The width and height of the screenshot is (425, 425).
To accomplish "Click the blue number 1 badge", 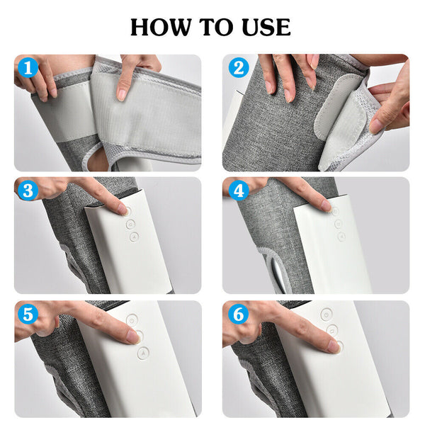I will tap(29, 69).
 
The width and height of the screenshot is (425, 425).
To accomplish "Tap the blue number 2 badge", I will tap(238, 69).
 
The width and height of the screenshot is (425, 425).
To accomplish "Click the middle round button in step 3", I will tap(130, 224).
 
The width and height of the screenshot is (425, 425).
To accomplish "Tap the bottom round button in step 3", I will tap(133, 237).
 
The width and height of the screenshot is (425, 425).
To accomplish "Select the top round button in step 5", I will tap(131, 320).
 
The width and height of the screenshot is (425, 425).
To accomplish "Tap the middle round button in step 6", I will tap(332, 330).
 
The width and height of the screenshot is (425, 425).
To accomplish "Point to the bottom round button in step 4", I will tap(341, 237).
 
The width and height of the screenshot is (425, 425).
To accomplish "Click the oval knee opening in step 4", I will tap(278, 273).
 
